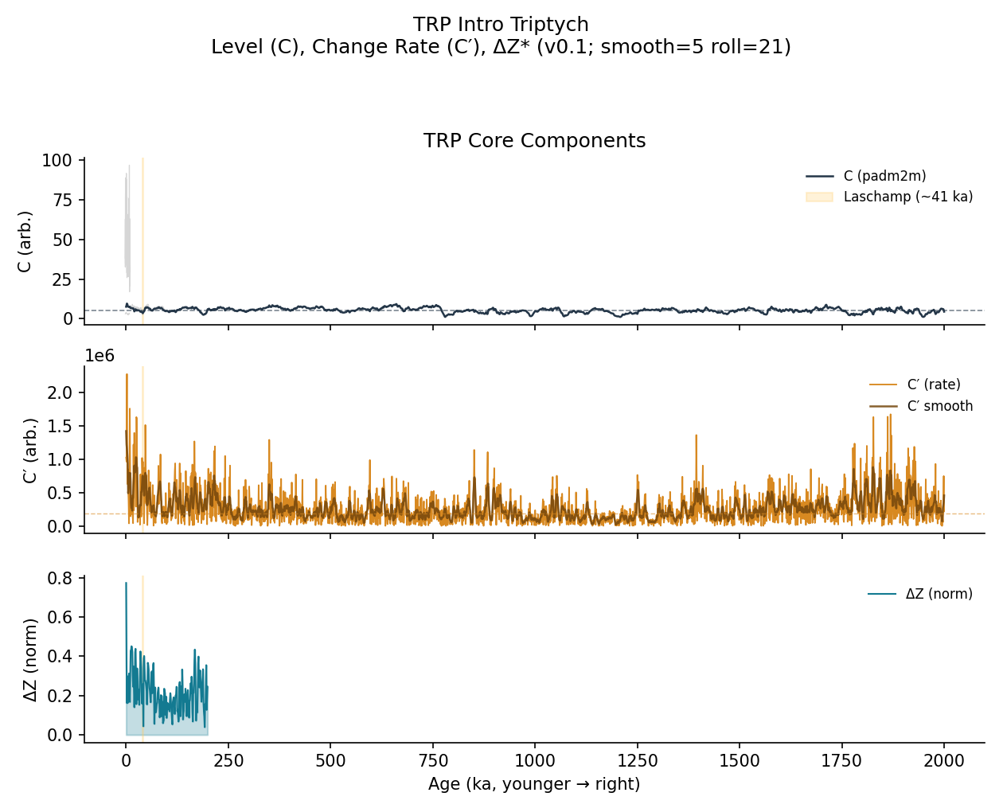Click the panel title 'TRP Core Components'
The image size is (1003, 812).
pyautogui.click(x=534, y=141)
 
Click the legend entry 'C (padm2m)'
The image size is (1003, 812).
pyautogui.click(x=884, y=176)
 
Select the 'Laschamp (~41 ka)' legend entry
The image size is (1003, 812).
pyautogui.click(x=907, y=197)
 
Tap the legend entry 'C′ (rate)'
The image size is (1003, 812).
pyautogui.click(x=934, y=385)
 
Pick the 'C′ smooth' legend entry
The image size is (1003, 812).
pyautogui.click(x=939, y=406)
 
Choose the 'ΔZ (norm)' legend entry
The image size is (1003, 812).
pyautogui.click(x=939, y=594)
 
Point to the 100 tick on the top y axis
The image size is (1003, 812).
pyautogui.click(x=62, y=161)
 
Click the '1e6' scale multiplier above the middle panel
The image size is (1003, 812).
pyautogui.click(x=100, y=356)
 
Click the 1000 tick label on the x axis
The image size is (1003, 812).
pyautogui.click(x=535, y=761)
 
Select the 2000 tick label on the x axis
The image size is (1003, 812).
pyautogui.click(x=944, y=761)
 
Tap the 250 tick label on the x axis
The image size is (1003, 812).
pyautogui.click(x=228, y=761)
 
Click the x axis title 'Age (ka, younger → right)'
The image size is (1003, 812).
pyautogui.click(x=534, y=784)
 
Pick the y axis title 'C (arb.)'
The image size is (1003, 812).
pyautogui.click(x=25, y=241)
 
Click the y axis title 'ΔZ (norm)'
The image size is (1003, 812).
pyautogui.click(x=30, y=660)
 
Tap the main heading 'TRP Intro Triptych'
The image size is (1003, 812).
pyautogui.click(x=501, y=25)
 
